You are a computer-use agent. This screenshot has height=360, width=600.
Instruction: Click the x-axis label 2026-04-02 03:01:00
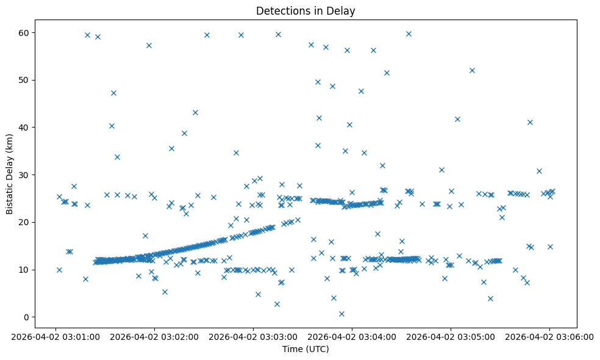click(x=55, y=336)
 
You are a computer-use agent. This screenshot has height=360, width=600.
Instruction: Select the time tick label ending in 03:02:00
click(x=154, y=336)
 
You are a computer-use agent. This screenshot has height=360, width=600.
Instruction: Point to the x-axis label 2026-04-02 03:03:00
click(x=253, y=336)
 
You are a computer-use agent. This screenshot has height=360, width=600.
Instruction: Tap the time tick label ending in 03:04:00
click(x=352, y=336)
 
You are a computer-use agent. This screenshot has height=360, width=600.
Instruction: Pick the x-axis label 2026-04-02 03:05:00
click(x=451, y=336)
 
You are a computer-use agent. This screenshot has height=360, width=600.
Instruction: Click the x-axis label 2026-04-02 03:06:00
click(x=549, y=336)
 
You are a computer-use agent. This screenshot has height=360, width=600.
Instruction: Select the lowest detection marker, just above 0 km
click(x=341, y=314)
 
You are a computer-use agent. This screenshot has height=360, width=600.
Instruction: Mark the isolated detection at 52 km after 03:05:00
click(x=472, y=70)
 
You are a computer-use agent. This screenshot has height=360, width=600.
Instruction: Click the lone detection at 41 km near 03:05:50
click(x=530, y=122)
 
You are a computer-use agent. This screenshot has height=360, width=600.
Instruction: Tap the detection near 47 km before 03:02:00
click(x=113, y=93)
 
